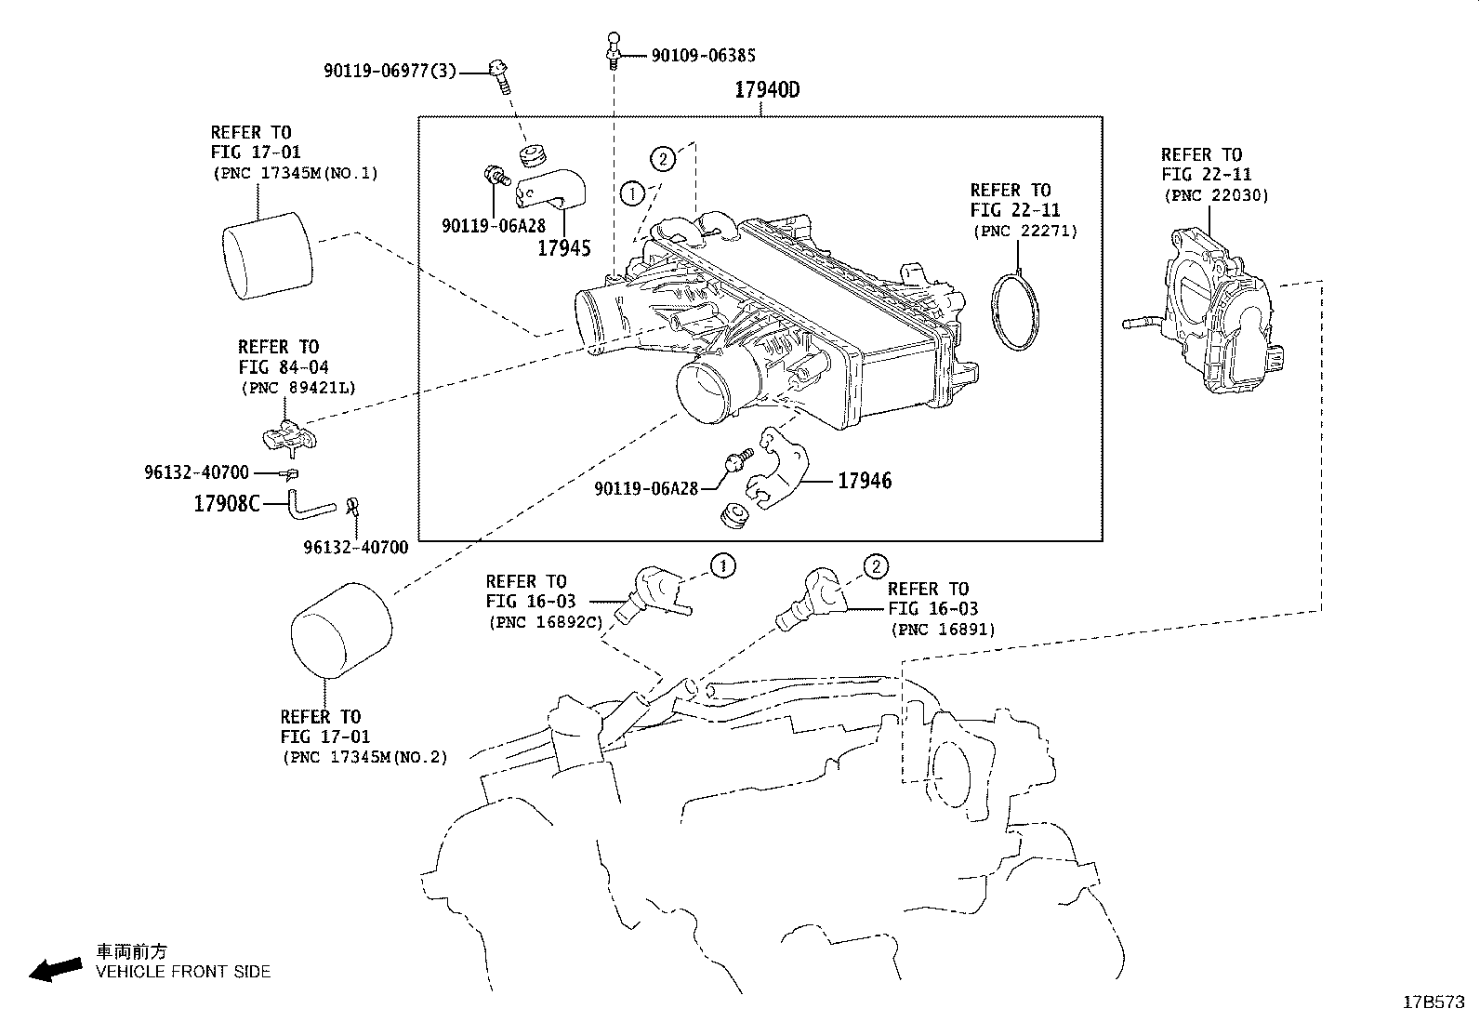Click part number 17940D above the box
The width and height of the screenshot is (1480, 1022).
click(x=766, y=90)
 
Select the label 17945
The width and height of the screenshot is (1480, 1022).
click(x=563, y=248)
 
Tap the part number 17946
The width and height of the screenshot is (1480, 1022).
click(x=864, y=481)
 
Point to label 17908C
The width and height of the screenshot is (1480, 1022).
click(x=226, y=504)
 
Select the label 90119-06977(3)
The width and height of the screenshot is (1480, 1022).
click(x=390, y=71)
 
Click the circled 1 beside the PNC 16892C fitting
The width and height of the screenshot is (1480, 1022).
click(x=722, y=564)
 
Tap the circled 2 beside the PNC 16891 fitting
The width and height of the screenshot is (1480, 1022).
click(x=875, y=566)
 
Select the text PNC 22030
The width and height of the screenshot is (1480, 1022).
click(x=1216, y=195)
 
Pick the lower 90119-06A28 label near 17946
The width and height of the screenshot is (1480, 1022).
click(x=646, y=487)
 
